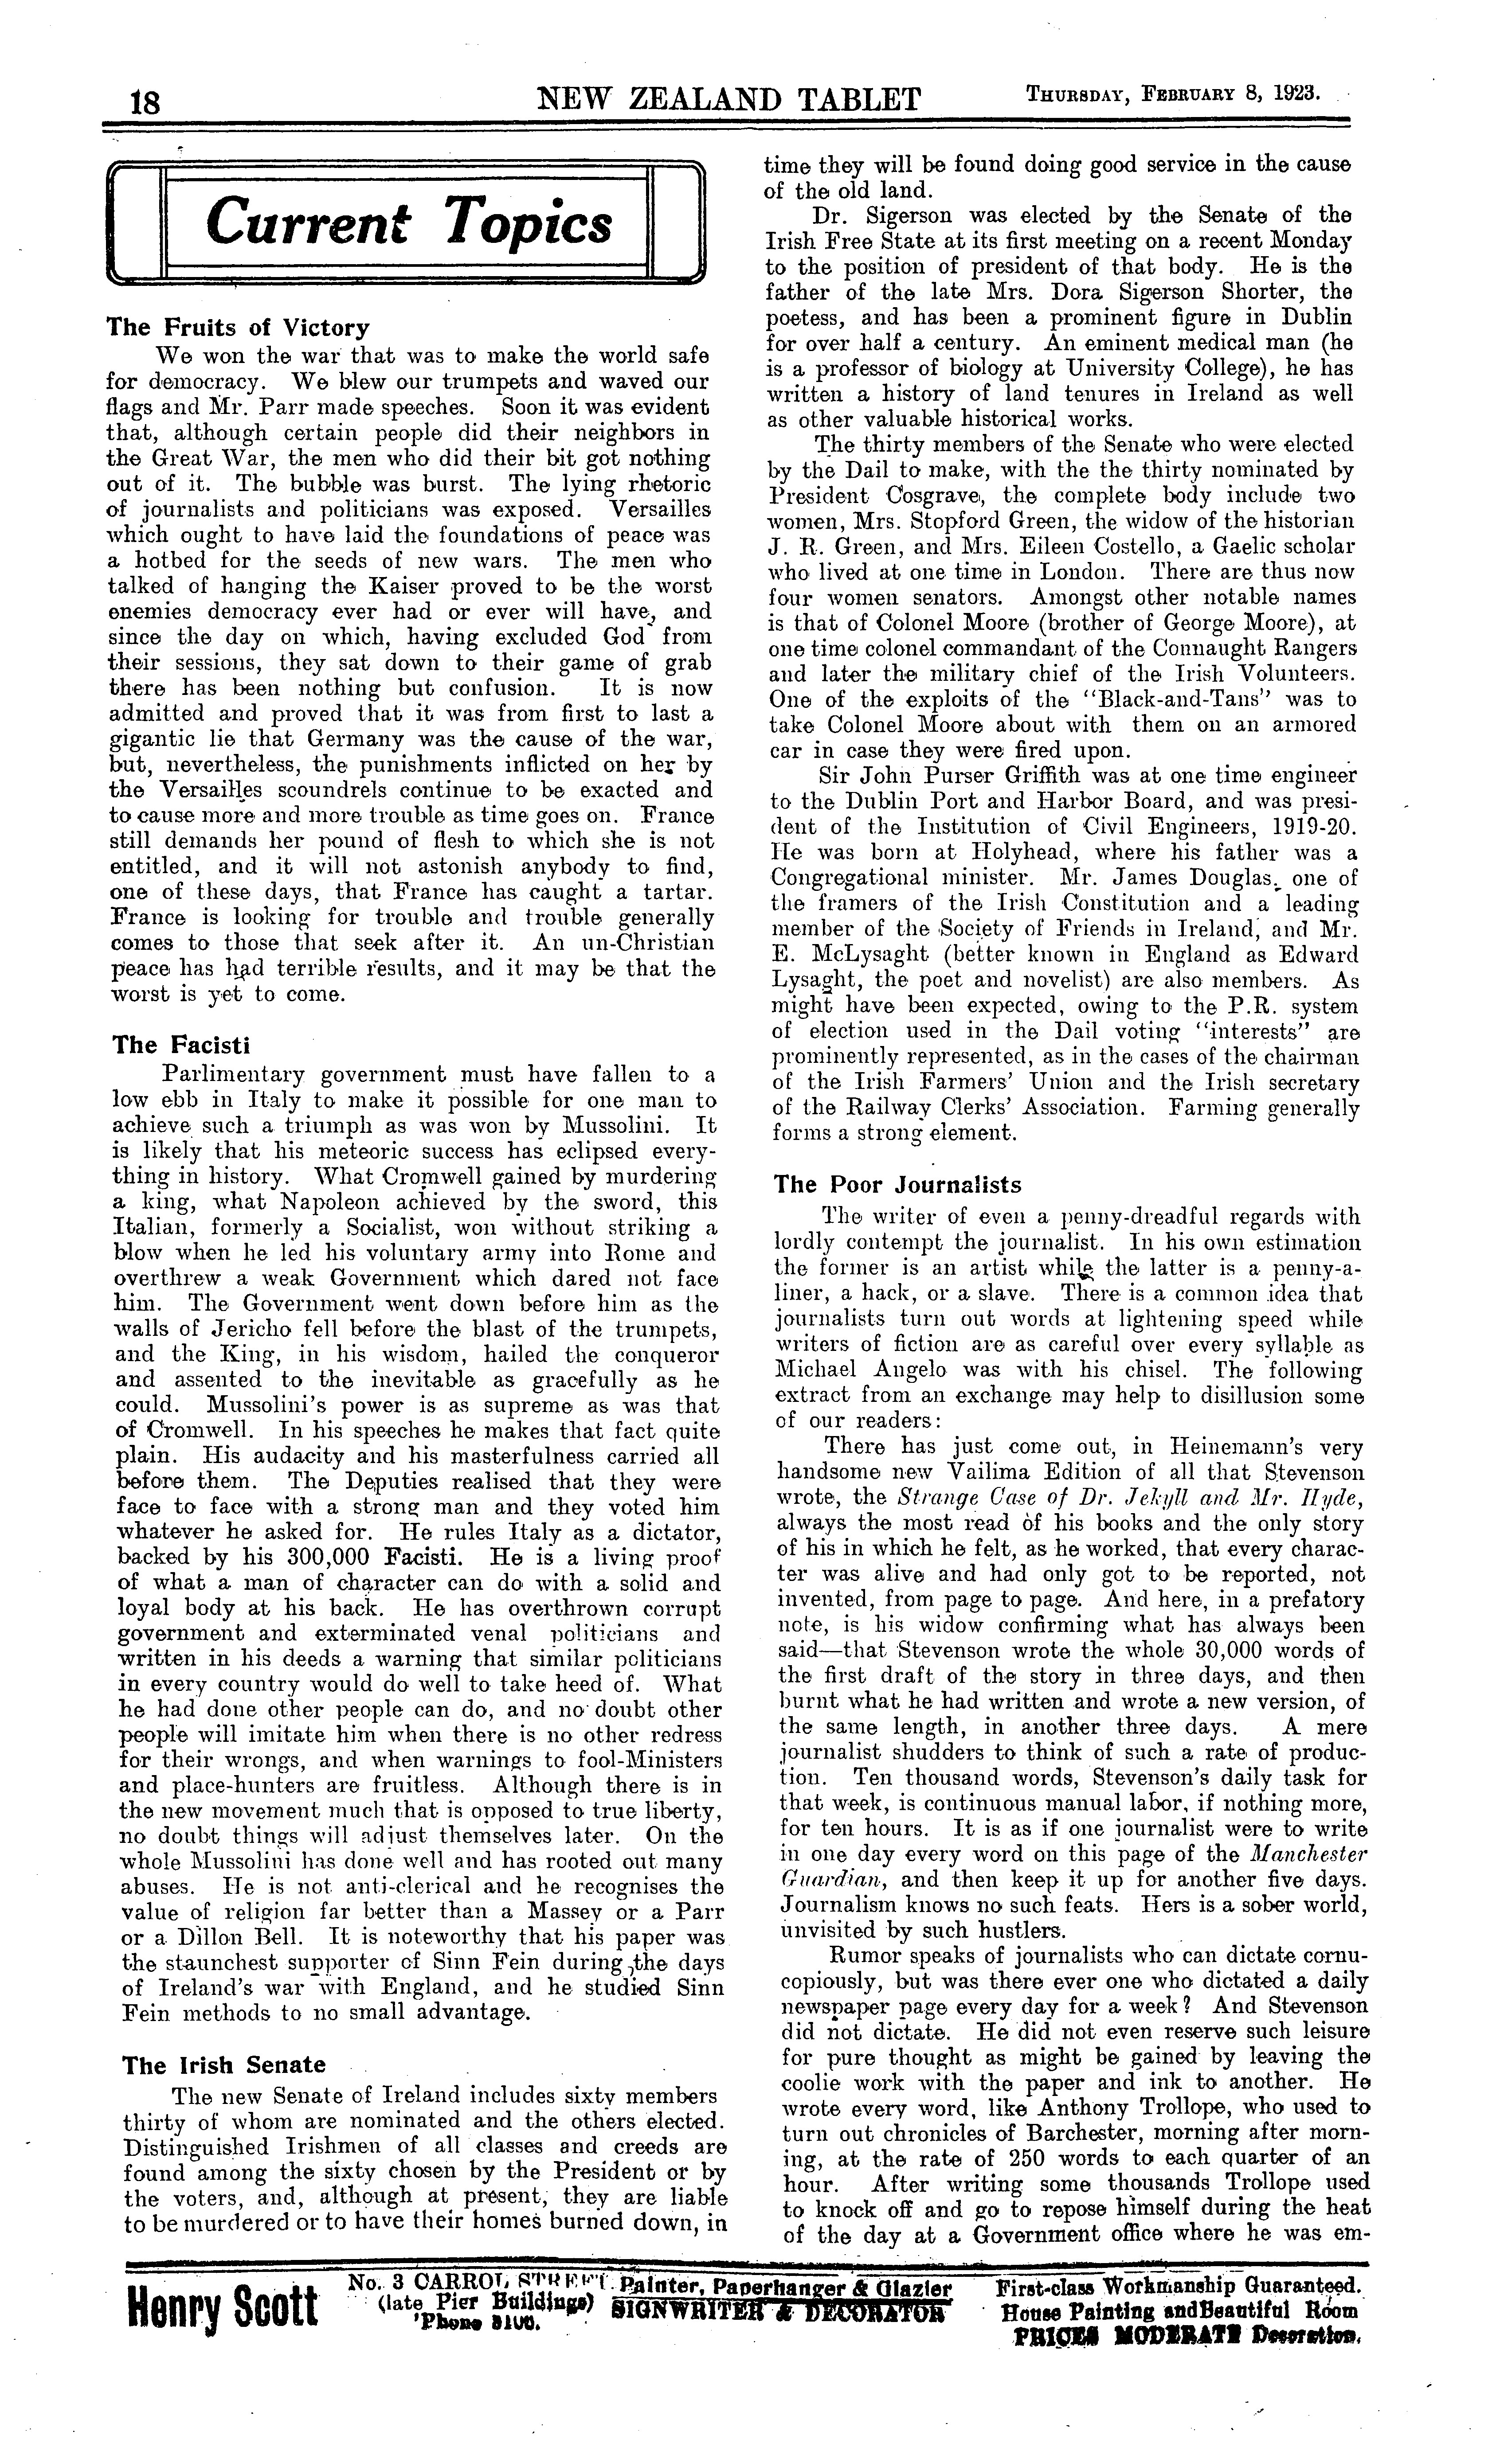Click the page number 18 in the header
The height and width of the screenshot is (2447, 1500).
(x=145, y=102)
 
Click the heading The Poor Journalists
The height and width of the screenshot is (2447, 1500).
(x=897, y=1185)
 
